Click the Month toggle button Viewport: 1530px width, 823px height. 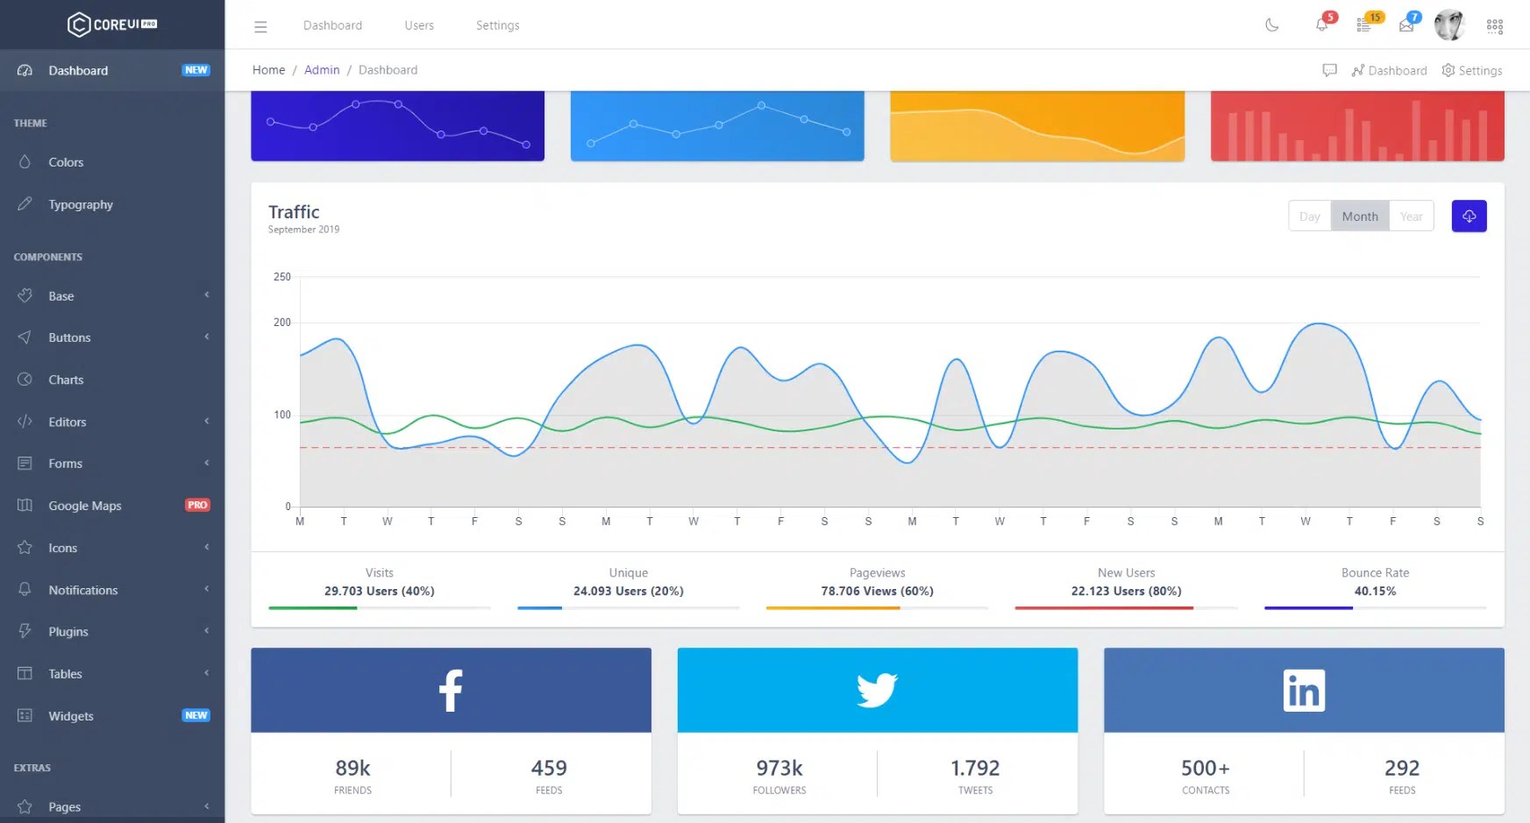[x=1359, y=216]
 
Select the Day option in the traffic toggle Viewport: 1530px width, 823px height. [x=1309, y=216]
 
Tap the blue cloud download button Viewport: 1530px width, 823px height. [x=1469, y=216]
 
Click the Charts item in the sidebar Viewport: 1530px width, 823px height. [x=66, y=380]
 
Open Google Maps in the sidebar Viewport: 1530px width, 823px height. [x=84, y=506]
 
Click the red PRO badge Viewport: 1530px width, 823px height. [x=197, y=505]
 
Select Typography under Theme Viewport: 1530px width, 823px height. [x=80, y=204]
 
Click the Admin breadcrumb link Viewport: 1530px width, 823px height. [x=322, y=70]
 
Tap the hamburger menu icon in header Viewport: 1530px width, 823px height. [x=260, y=26]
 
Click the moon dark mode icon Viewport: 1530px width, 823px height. [x=1272, y=25]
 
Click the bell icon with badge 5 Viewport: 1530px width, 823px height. [x=1322, y=25]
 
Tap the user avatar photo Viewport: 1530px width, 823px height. [x=1448, y=25]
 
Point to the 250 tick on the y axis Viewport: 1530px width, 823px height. [x=282, y=277]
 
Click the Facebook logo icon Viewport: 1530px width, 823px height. [x=451, y=691]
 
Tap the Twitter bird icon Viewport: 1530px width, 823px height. [x=877, y=691]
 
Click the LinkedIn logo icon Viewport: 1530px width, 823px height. [x=1304, y=691]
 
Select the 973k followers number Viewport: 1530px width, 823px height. [x=779, y=769]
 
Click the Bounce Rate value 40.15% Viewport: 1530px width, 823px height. [x=1375, y=592]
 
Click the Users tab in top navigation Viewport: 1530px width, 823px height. [x=419, y=25]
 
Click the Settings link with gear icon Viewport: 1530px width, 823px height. [x=1472, y=70]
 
